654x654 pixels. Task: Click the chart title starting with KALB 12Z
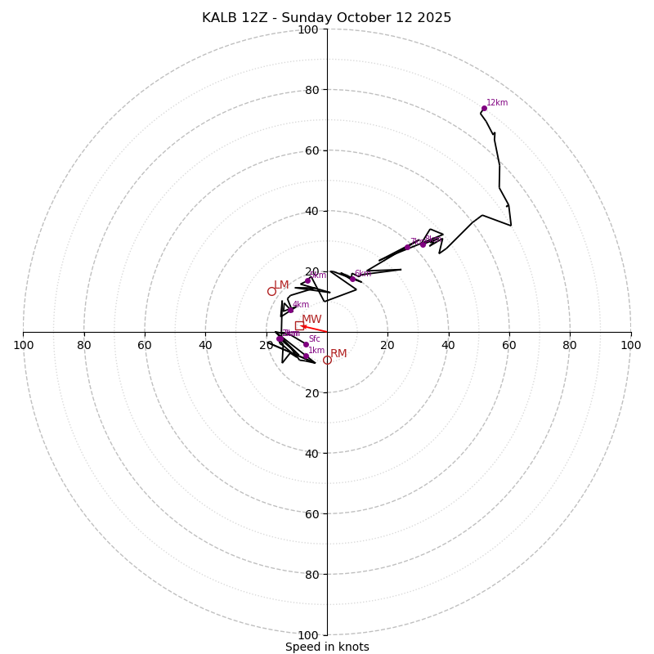[327, 18]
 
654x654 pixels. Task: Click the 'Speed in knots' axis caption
[327, 647]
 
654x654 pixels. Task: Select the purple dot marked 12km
[484, 108]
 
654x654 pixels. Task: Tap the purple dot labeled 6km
[352, 279]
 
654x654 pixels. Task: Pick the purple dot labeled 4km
[290, 310]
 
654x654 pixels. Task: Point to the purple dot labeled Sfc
[306, 344]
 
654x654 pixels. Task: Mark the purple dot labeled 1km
[306, 356]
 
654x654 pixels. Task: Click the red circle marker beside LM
[271, 291]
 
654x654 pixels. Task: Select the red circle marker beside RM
[327, 360]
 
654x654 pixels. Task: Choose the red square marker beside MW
[299, 325]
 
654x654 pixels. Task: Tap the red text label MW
[311, 320]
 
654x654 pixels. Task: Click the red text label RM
[338, 354]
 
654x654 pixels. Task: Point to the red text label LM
[281, 285]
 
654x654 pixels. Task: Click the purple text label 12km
[497, 103]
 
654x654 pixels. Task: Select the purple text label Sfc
[314, 338]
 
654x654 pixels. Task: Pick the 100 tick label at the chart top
[308, 29]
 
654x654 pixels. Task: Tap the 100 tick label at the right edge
[631, 345]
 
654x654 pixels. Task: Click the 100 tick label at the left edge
[23, 345]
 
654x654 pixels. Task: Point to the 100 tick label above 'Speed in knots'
[308, 634]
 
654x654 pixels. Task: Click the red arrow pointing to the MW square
[315, 329]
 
